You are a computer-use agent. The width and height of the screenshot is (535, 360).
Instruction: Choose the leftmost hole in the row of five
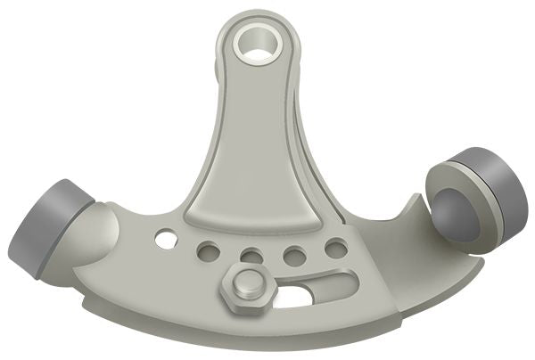pyautogui.click(x=165, y=239)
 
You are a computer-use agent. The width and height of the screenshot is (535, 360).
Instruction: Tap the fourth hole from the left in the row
pyautogui.click(x=293, y=256)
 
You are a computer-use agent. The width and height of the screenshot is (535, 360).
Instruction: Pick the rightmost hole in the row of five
pyautogui.click(x=336, y=249)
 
